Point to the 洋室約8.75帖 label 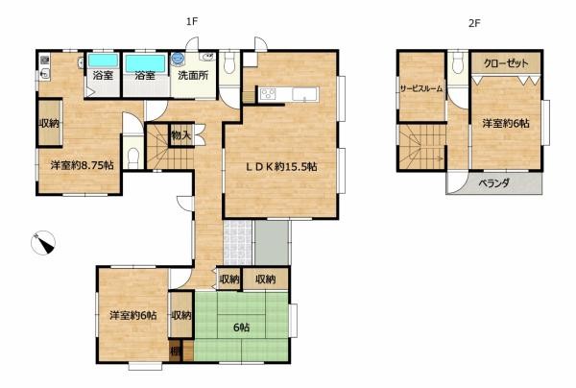[83, 165]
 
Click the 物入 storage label [180, 136]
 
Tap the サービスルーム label [421, 88]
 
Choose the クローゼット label [505, 63]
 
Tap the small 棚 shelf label [176, 352]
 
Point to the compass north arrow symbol [44, 244]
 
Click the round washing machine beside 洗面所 [178, 59]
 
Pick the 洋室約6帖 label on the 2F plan [506, 123]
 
